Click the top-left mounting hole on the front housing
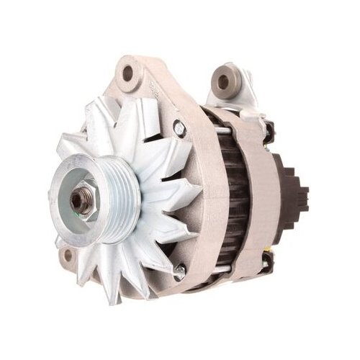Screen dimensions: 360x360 pyautogui.click(x=129, y=72)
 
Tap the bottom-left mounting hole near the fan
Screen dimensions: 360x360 pyautogui.click(x=68, y=255)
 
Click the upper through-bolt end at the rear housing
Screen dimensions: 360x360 pyautogui.click(x=268, y=132)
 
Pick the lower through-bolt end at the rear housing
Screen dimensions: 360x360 pyautogui.click(x=268, y=266)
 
